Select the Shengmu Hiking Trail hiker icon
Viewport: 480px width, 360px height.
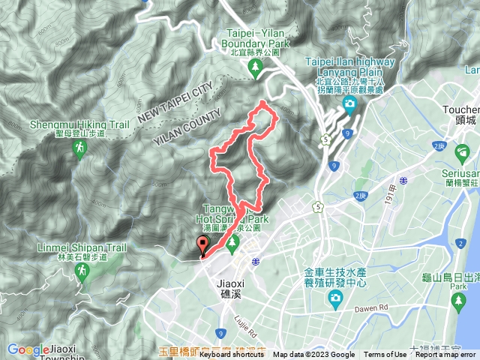point(78,151)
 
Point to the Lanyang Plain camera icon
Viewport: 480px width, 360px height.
point(349,103)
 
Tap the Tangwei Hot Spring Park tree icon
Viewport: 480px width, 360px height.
point(232,242)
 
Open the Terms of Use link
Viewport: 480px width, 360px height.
point(385,355)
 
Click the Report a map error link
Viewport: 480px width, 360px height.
point(445,355)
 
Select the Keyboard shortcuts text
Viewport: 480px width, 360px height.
point(232,355)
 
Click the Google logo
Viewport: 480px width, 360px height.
point(28,349)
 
